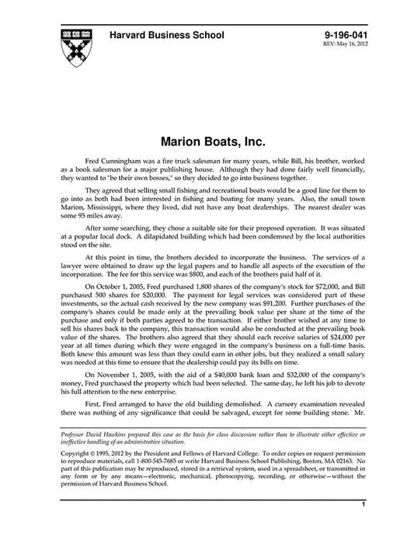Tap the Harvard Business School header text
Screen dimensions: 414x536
pos(167,35)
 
